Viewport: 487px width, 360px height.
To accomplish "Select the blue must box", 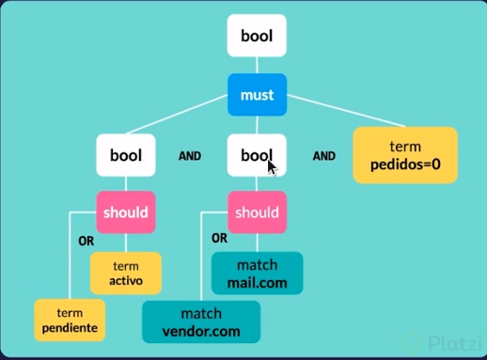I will [257, 95].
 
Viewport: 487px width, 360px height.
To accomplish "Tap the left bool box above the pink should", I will [125, 155].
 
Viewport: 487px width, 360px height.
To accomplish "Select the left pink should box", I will [125, 211].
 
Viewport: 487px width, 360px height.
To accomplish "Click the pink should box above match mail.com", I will [257, 212].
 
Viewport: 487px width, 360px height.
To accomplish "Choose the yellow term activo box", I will [125, 273].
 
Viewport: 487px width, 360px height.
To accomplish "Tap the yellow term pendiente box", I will [69, 319].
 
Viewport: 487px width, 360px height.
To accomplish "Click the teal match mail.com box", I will [257, 273].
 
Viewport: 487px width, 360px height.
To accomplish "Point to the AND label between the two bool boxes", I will [191, 156].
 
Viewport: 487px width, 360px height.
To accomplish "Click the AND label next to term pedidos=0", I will [323, 156].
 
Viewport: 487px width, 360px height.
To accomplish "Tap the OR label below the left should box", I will [86, 240].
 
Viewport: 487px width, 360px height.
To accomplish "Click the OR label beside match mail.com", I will [220, 238].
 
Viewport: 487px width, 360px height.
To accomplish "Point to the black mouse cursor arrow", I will [271, 166].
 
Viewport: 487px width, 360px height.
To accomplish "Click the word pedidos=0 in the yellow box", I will [404, 164].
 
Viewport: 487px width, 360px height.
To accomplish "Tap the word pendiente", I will [69, 327].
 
